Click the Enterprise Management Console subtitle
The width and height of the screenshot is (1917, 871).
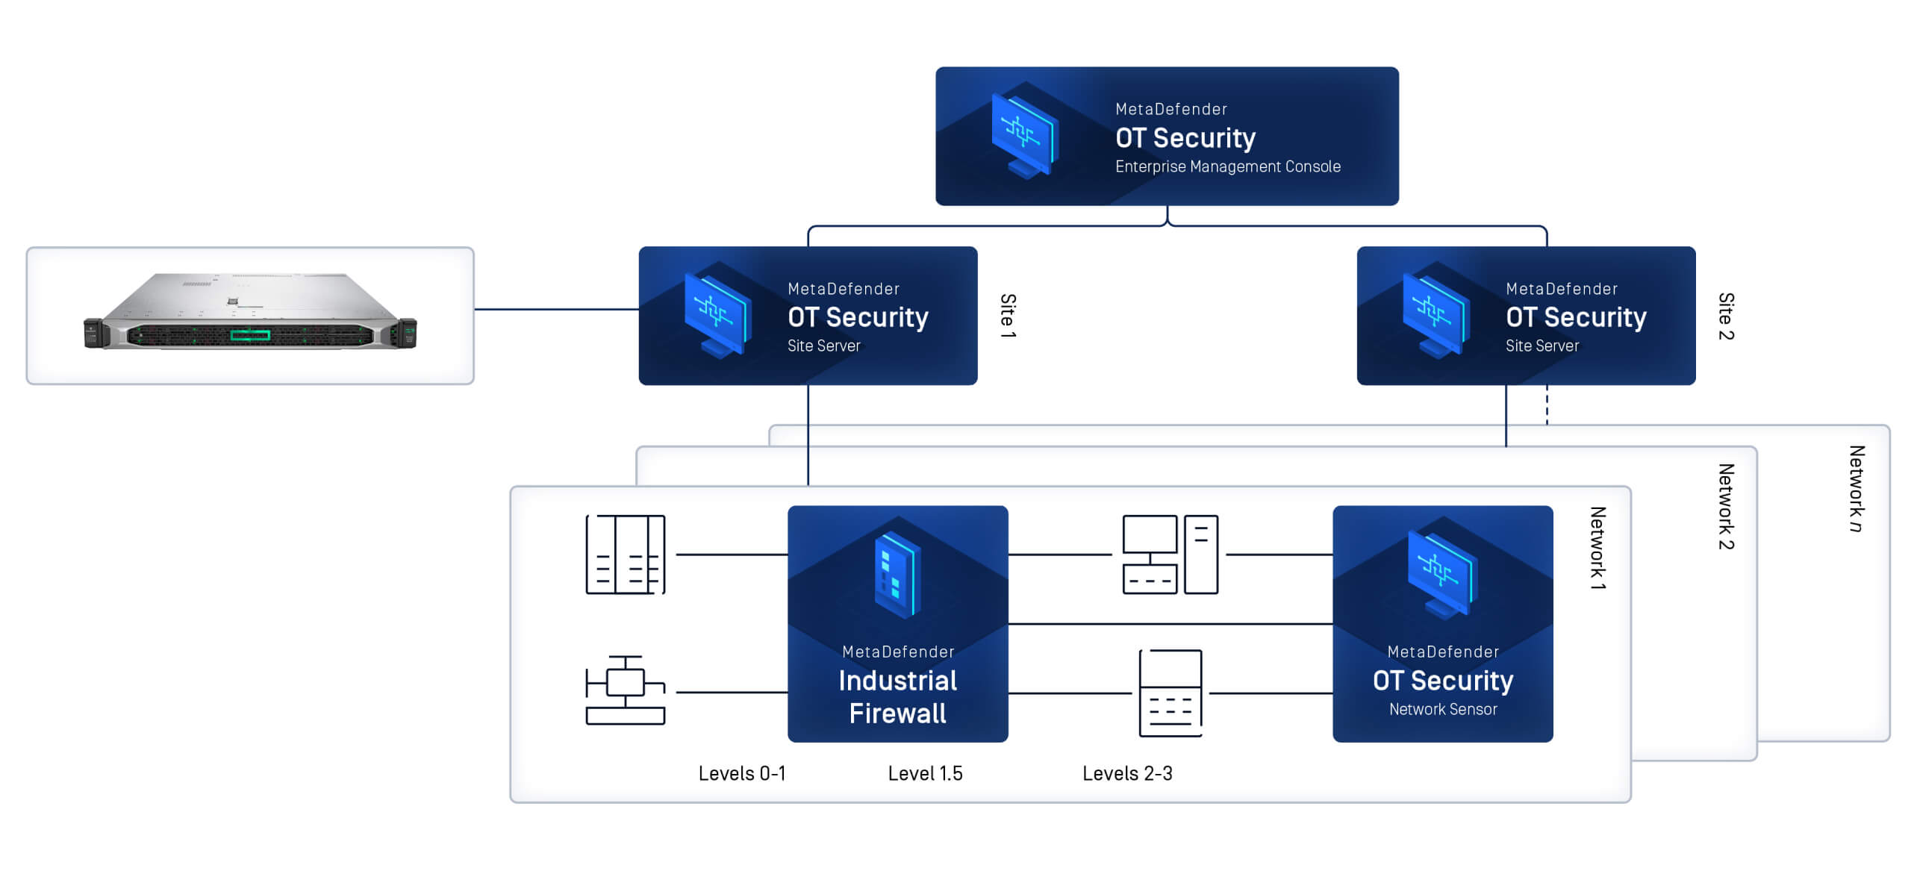click(1227, 166)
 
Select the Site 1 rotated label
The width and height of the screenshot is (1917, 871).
click(1007, 315)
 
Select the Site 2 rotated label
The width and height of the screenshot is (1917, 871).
click(1725, 316)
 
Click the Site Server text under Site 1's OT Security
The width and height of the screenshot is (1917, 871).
click(823, 346)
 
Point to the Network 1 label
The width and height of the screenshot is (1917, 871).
click(1597, 548)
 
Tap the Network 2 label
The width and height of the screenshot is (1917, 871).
click(1725, 506)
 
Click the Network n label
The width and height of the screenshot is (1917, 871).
click(1856, 488)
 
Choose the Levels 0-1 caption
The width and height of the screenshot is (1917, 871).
click(741, 773)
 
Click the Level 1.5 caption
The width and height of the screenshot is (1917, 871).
click(925, 773)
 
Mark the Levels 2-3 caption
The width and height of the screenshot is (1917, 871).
click(1127, 773)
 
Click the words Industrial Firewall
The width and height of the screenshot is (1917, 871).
click(897, 696)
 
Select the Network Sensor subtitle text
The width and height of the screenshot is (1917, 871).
click(1442, 709)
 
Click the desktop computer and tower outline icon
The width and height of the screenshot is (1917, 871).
click(1170, 554)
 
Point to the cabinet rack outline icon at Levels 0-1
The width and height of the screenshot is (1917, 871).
click(625, 554)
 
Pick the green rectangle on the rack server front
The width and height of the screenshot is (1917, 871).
click(250, 334)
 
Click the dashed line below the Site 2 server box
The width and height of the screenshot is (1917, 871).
click(1547, 405)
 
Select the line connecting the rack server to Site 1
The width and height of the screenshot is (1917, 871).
click(556, 309)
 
